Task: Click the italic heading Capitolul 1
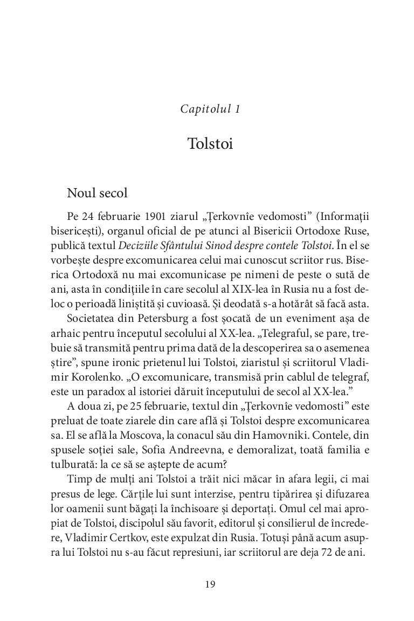point(210,109)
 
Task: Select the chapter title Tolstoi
point(210,144)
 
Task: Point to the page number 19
point(210,584)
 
